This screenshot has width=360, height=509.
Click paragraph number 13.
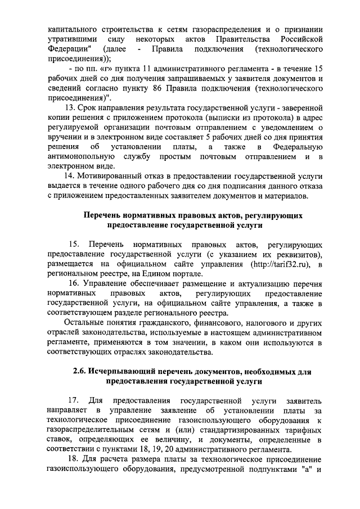pyautogui.click(x=70, y=107)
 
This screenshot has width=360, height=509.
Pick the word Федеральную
pyautogui.click(x=294, y=146)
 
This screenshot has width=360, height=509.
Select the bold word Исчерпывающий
pyautogui.click(x=127, y=372)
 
